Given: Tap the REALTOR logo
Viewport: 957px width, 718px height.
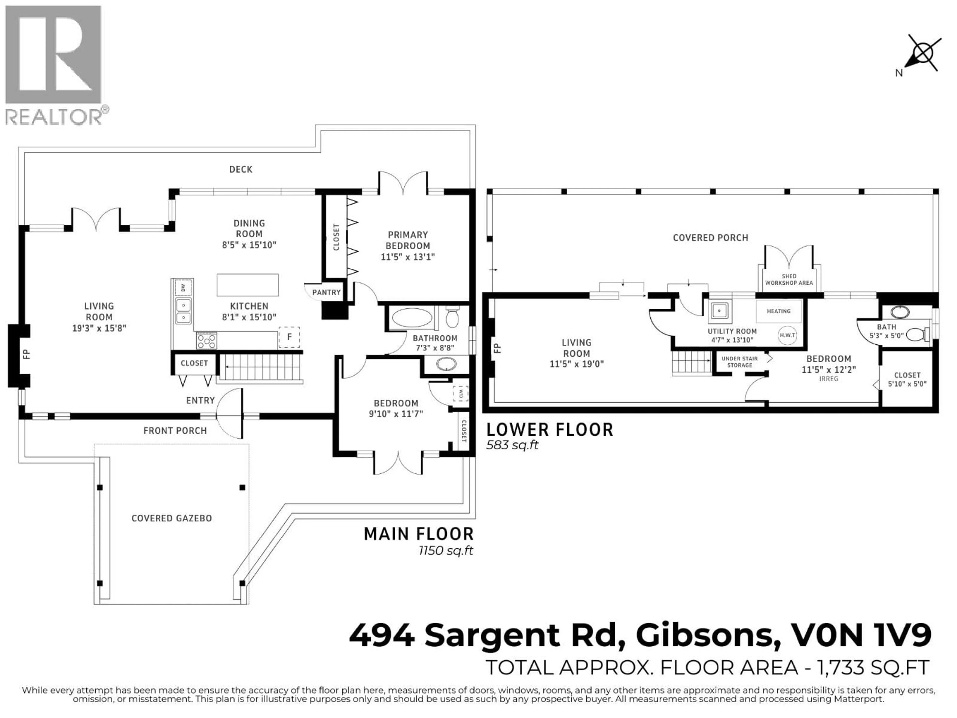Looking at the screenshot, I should (x=54, y=65).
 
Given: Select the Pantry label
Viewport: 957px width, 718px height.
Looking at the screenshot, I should (x=326, y=293).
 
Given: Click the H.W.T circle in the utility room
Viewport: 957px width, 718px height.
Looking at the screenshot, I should (x=787, y=335).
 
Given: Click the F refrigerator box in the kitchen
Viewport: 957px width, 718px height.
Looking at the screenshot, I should (x=289, y=337).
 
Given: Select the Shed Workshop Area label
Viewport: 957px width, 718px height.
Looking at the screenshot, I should (x=789, y=279).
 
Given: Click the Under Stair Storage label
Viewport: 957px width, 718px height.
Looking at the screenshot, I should (x=739, y=362).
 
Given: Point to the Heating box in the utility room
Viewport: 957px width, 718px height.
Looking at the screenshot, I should (x=778, y=311).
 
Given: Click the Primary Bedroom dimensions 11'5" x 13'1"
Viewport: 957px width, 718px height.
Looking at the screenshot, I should (x=407, y=257).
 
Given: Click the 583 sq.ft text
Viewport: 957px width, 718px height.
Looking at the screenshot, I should (x=512, y=445).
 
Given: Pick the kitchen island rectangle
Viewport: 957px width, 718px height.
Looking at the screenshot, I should (x=247, y=285).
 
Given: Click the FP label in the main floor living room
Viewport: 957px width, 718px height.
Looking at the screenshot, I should (x=26, y=355).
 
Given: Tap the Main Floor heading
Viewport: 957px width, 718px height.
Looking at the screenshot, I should (x=418, y=534).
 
